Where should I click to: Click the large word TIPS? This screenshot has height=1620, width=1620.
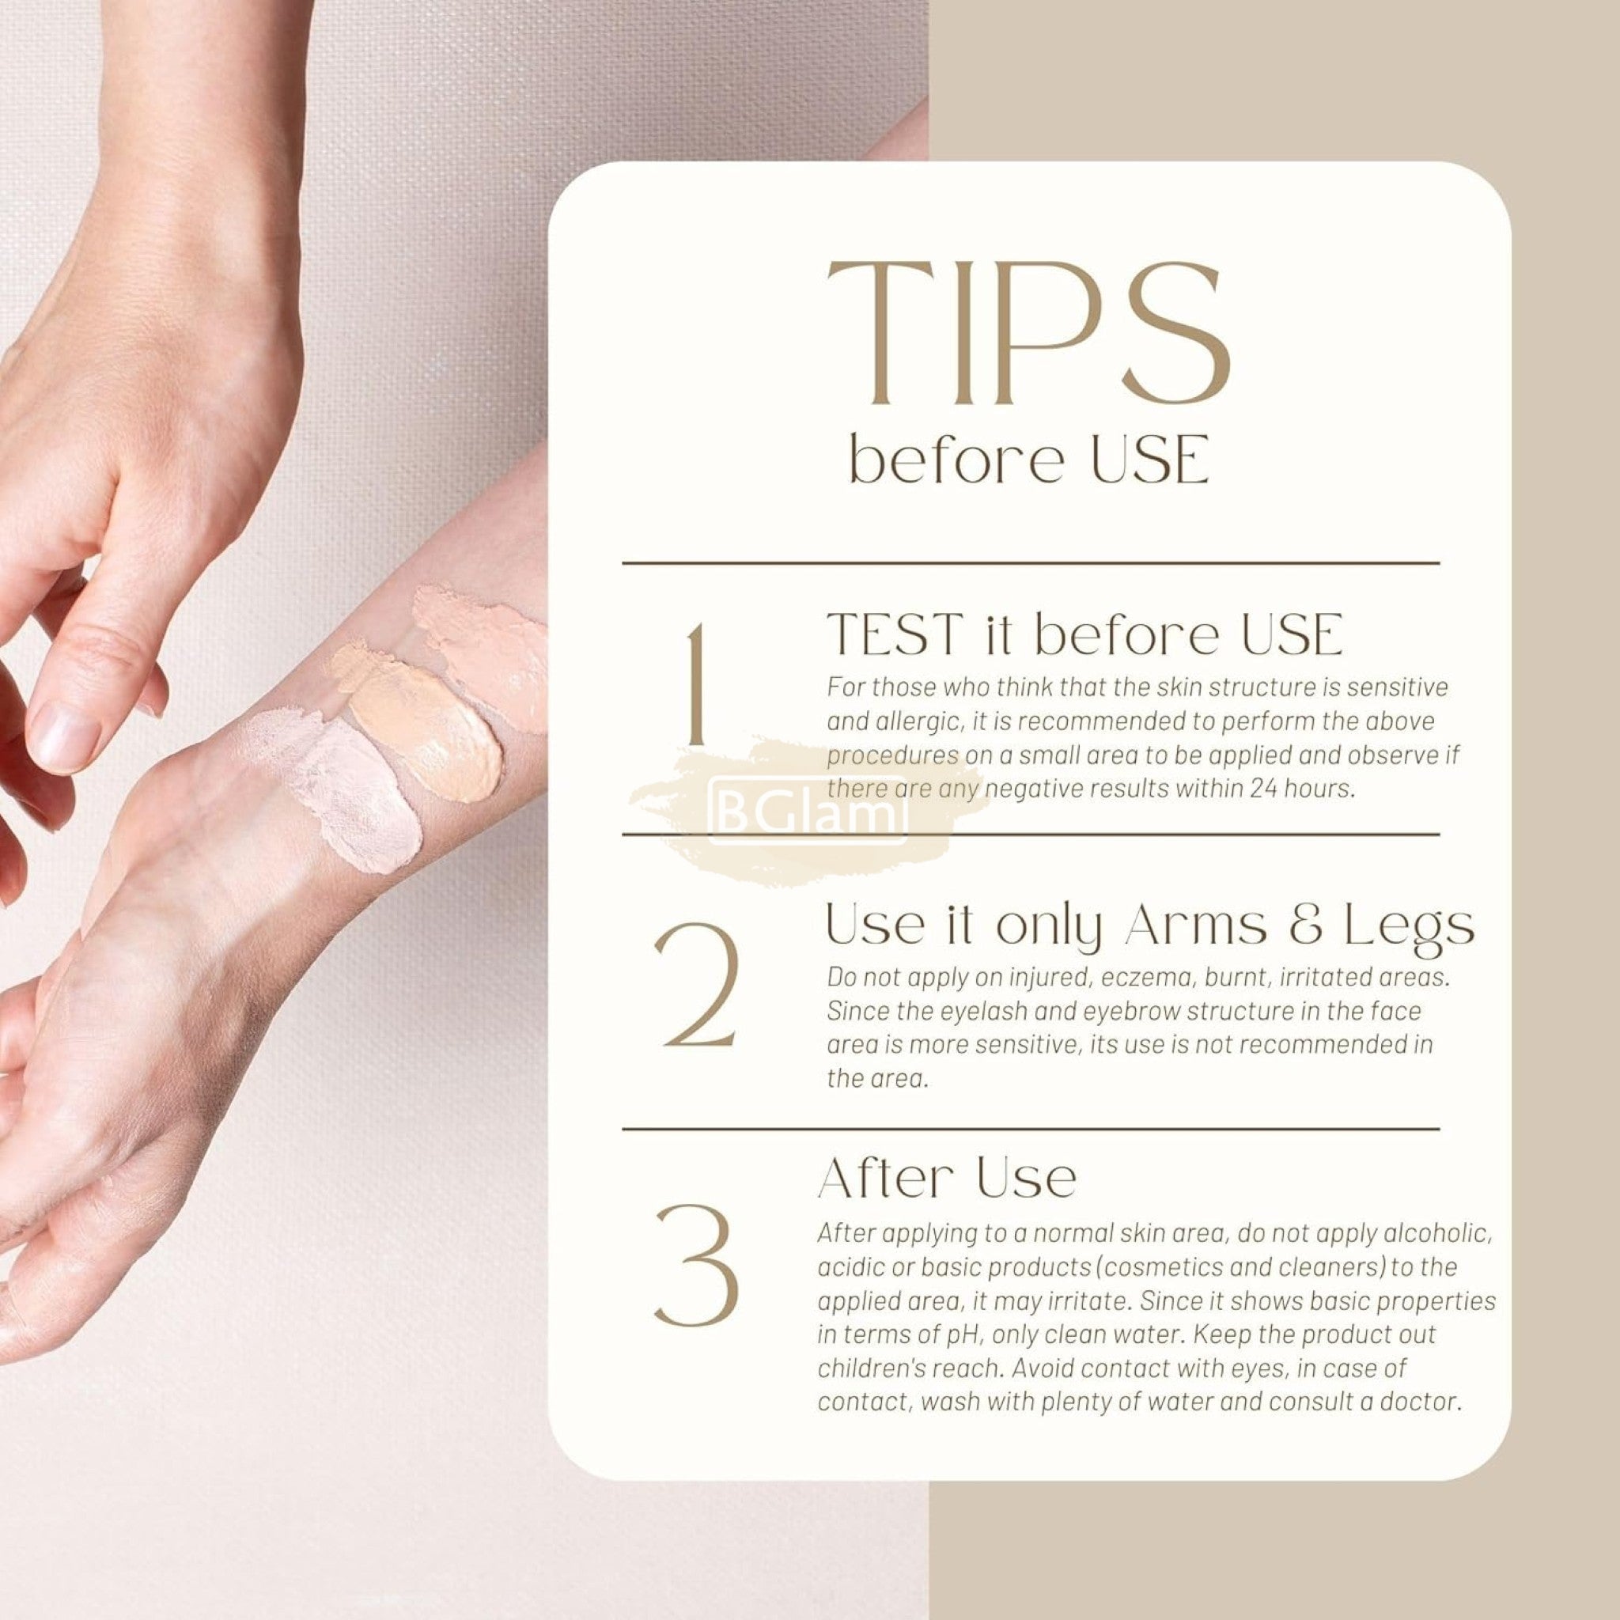(x=1029, y=333)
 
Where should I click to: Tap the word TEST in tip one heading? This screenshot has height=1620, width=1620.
(x=895, y=634)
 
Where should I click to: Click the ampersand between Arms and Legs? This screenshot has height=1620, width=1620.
(x=1304, y=926)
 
